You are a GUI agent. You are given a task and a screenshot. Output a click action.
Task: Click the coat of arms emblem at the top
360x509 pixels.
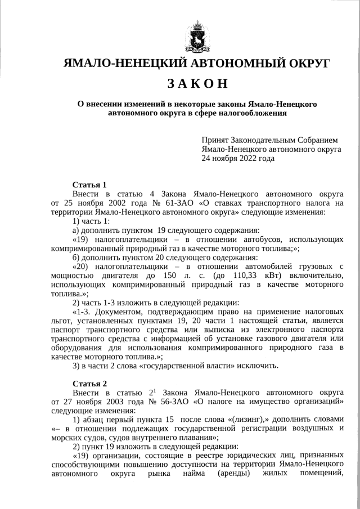point(197,35)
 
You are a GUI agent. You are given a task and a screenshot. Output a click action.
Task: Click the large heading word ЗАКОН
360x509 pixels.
point(197,83)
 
